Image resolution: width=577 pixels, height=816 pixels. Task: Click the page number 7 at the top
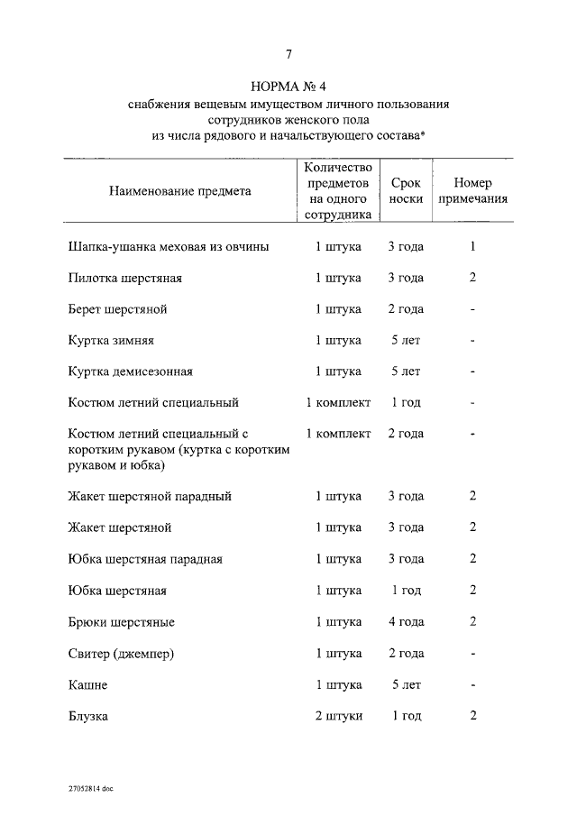coord(288,54)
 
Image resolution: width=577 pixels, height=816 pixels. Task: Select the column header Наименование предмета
coord(180,191)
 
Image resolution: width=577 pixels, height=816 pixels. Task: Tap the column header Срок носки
coord(406,191)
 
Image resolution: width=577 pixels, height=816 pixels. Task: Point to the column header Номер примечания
coord(472,191)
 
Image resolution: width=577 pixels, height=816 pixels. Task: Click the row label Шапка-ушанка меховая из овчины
coord(168,246)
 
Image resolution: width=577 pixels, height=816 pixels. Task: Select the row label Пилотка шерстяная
coord(124,278)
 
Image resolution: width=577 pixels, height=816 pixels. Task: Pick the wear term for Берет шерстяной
coord(406,309)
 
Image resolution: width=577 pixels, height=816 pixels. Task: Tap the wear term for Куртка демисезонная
coord(406,371)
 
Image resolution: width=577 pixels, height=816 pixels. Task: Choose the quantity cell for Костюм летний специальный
coord(338,402)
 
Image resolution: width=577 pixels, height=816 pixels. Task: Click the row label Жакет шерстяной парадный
coord(150,496)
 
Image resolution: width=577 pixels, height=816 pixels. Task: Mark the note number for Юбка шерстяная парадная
coord(472,559)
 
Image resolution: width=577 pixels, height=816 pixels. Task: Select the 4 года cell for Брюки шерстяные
coord(406,622)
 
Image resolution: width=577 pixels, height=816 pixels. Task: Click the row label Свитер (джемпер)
coord(121,654)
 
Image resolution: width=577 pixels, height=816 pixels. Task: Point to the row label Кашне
coord(87,685)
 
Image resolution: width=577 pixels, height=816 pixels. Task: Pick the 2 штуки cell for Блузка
coord(338,716)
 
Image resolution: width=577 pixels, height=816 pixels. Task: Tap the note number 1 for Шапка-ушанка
coord(472,246)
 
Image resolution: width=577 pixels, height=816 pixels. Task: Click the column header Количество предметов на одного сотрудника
coord(338,191)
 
